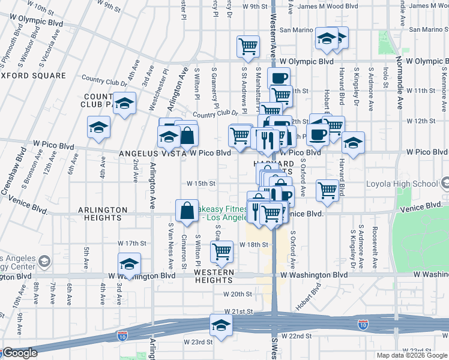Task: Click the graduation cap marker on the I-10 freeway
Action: pyautogui.click(x=221, y=326)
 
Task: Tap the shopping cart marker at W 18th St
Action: pyautogui.click(x=221, y=252)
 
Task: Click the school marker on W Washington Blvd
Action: pyautogui.click(x=129, y=263)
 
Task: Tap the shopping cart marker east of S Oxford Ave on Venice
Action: pyautogui.click(x=327, y=190)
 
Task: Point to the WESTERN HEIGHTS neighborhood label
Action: pyautogui.click(x=214, y=272)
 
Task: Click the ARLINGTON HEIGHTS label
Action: pyautogui.click(x=102, y=210)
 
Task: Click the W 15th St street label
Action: pyautogui.click(x=200, y=184)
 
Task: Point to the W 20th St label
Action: pyautogui.click(x=237, y=294)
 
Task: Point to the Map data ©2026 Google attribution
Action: pyautogui.click(x=411, y=355)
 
